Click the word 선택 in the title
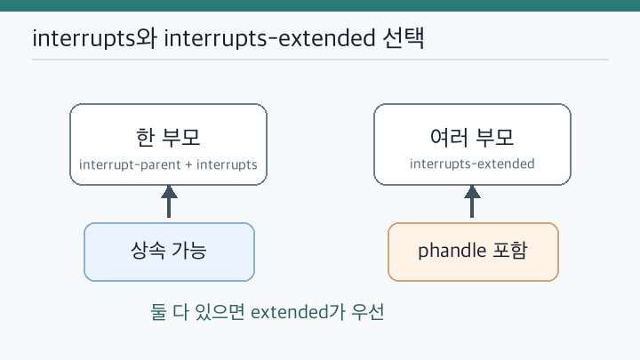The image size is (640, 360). [x=404, y=38]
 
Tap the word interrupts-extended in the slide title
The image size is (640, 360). [x=269, y=38]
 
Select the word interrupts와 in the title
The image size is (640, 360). [x=94, y=38]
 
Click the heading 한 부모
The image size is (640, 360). [x=168, y=137]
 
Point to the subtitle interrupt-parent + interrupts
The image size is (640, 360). [x=168, y=164]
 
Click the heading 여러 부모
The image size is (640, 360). [x=472, y=137]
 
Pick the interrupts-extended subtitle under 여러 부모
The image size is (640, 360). [x=472, y=164]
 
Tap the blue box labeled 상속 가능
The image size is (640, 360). [x=170, y=252]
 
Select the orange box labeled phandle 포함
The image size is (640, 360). [x=473, y=252]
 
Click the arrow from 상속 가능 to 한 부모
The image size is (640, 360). [x=169, y=201]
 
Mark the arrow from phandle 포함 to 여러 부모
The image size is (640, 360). [x=472, y=201]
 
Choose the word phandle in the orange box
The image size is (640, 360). [x=452, y=250]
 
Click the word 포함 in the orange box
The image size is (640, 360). [x=510, y=250]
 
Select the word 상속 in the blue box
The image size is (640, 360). [x=148, y=250]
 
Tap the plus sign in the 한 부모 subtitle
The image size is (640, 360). [x=188, y=164]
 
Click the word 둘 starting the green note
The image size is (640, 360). [x=158, y=312]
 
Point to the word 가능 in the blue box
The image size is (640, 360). [x=189, y=250]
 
